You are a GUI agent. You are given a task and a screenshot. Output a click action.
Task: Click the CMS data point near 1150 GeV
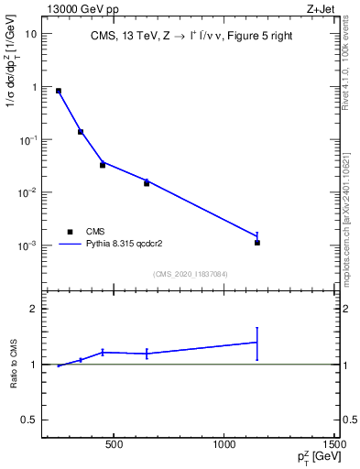(x=257, y=243)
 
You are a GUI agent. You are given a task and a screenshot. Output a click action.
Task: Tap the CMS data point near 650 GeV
(x=147, y=183)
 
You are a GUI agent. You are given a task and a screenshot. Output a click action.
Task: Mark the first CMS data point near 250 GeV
(x=59, y=91)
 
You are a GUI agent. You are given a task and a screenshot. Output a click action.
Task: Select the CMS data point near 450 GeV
(x=103, y=165)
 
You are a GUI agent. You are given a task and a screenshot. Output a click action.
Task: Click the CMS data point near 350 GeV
(x=81, y=132)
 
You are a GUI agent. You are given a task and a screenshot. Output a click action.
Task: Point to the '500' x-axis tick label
(x=114, y=445)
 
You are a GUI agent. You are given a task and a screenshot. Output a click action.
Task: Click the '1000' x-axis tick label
(x=224, y=445)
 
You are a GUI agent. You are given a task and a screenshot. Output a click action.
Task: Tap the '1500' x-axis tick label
(x=335, y=445)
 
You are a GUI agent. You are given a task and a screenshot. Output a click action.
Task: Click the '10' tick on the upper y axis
(x=31, y=34)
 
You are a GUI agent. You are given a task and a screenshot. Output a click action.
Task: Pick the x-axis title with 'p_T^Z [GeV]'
(x=314, y=459)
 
